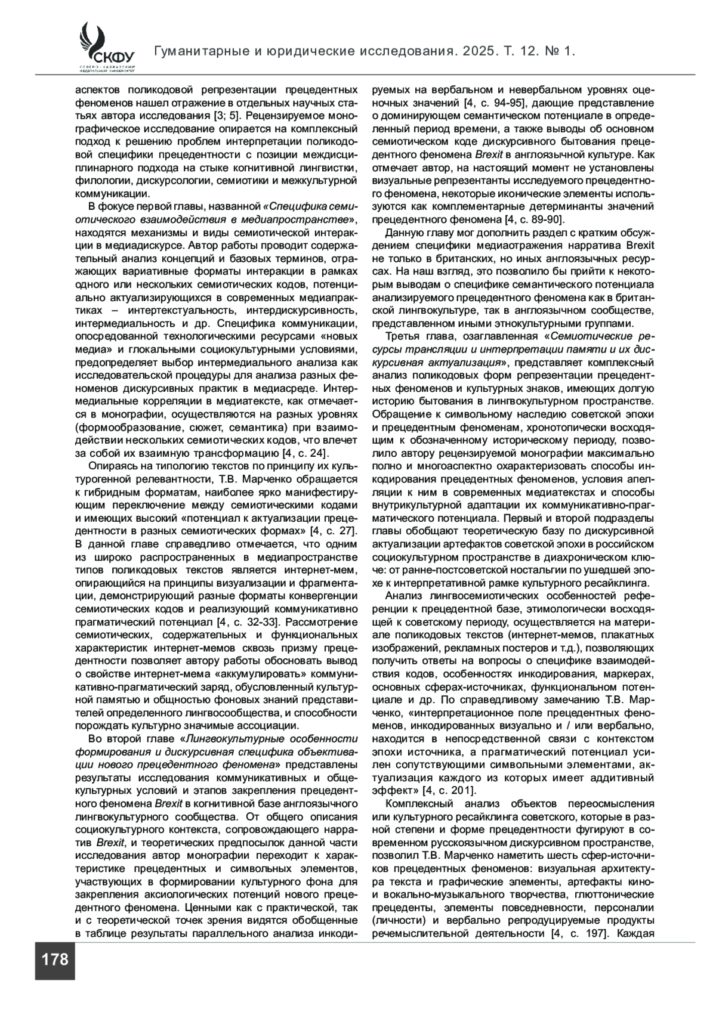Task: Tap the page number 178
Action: click(55, 960)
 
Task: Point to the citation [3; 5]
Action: click(227, 115)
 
